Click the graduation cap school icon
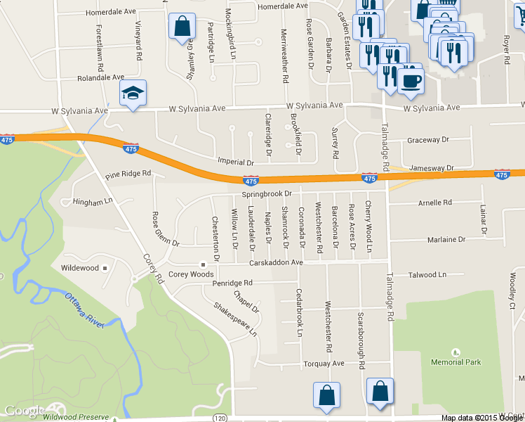(x=133, y=93)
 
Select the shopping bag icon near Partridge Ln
(x=182, y=26)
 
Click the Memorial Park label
(x=456, y=362)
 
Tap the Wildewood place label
(x=80, y=268)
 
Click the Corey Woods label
(x=191, y=274)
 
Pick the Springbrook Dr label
(x=266, y=193)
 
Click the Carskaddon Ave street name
(x=277, y=263)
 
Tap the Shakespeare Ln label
(x=235, y=319)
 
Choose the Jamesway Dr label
(x=432, y=168)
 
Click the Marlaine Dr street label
(x=446, y=240)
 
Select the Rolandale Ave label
(x=100, y=77)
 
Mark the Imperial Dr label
(x=234, y=161)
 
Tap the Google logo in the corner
(x=25, y=411)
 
